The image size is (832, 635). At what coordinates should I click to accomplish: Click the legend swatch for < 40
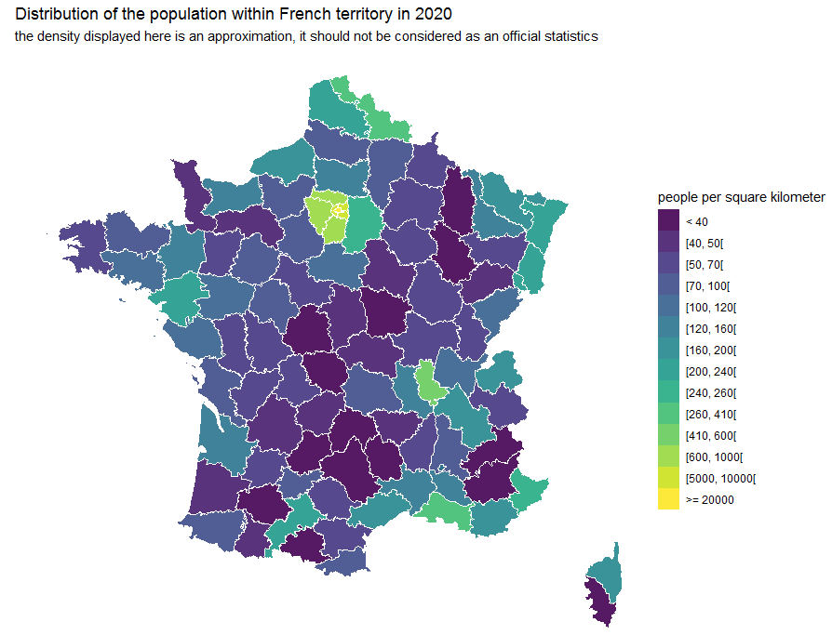coord(668,221)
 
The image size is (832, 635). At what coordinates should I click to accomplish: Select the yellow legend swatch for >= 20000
coord(668,500)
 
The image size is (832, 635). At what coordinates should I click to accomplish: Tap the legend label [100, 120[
coord(710,307)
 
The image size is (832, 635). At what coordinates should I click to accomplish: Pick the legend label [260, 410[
coord(710,415)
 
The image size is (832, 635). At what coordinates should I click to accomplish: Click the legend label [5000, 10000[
coord(720,479)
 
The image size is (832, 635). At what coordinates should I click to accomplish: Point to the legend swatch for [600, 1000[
coord(668,457)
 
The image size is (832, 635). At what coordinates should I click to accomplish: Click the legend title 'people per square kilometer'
coord(741,198)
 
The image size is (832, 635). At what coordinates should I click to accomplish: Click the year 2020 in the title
coord(435,15)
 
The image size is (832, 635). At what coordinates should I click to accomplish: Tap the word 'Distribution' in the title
coord(56,15)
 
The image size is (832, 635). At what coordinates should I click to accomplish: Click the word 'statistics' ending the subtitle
coord(567,37)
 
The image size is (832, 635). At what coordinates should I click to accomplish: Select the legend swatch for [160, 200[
coord(668,351)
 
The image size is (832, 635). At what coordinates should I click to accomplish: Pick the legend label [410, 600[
coord(710,436)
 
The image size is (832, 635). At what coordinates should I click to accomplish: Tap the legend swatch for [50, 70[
coord(668,264)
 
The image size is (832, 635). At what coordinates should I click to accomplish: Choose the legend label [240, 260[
coord(710,393)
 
